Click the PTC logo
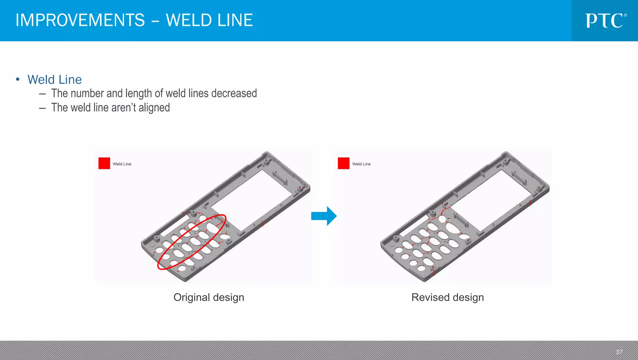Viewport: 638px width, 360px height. (x=605, y=21)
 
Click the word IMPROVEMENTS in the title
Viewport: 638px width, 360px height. (x=80, y=20)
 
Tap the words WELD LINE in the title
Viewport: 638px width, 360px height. (x=209, y=20)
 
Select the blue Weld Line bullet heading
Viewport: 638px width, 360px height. (x=55, y=79)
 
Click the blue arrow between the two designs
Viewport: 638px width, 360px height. (x=324, y=216)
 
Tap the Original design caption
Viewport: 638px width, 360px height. (x=208, y=297)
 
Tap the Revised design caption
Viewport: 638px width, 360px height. (x=447, y=297)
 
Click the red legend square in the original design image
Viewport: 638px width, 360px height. (x=104, y=163)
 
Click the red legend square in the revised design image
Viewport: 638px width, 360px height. (x=343, y=163)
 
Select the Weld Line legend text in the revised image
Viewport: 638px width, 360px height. (x=361, y=164)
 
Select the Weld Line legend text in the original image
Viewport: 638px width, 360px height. (x=122, y=164)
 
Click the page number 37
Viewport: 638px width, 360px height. (x=619, y=352)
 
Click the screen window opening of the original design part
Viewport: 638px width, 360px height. (x=252, y=199)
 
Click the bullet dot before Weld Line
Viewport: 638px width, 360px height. (x=18, y=79)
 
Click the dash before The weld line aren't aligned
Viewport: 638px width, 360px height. (x=43, y=108)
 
